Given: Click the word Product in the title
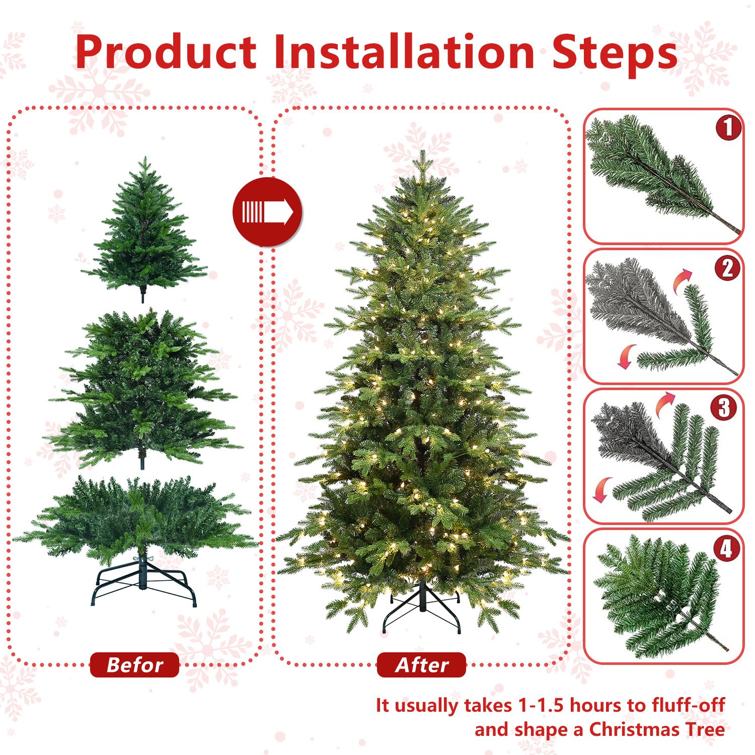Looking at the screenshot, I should pyautogui.click(x=166, y=53).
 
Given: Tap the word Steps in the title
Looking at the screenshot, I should pyautogui.click(x=614, y=53).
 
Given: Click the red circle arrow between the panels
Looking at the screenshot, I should pyautogui.click(x=267, y=212).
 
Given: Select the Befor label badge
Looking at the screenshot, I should pyautogui.click(x=134, y=665).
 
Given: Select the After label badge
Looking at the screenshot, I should pyautogui.click(x=421, y=665).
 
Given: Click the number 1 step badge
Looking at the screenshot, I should pyautogui.click(x=728, y=127).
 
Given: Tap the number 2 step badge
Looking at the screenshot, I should pyautogui.click(x=727, y=268).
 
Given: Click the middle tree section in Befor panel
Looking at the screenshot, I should pyautogui.click(x=143, y=388).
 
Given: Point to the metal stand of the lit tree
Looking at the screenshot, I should pyautogui.click(x=422, y=609).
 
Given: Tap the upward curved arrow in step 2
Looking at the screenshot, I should pyautogui.click(x=683, y=280).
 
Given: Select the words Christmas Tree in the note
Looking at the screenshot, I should pyautogui.click(x=657, y=729).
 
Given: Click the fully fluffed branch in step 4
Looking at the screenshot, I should pyautogui.click(x=659, y=596).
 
